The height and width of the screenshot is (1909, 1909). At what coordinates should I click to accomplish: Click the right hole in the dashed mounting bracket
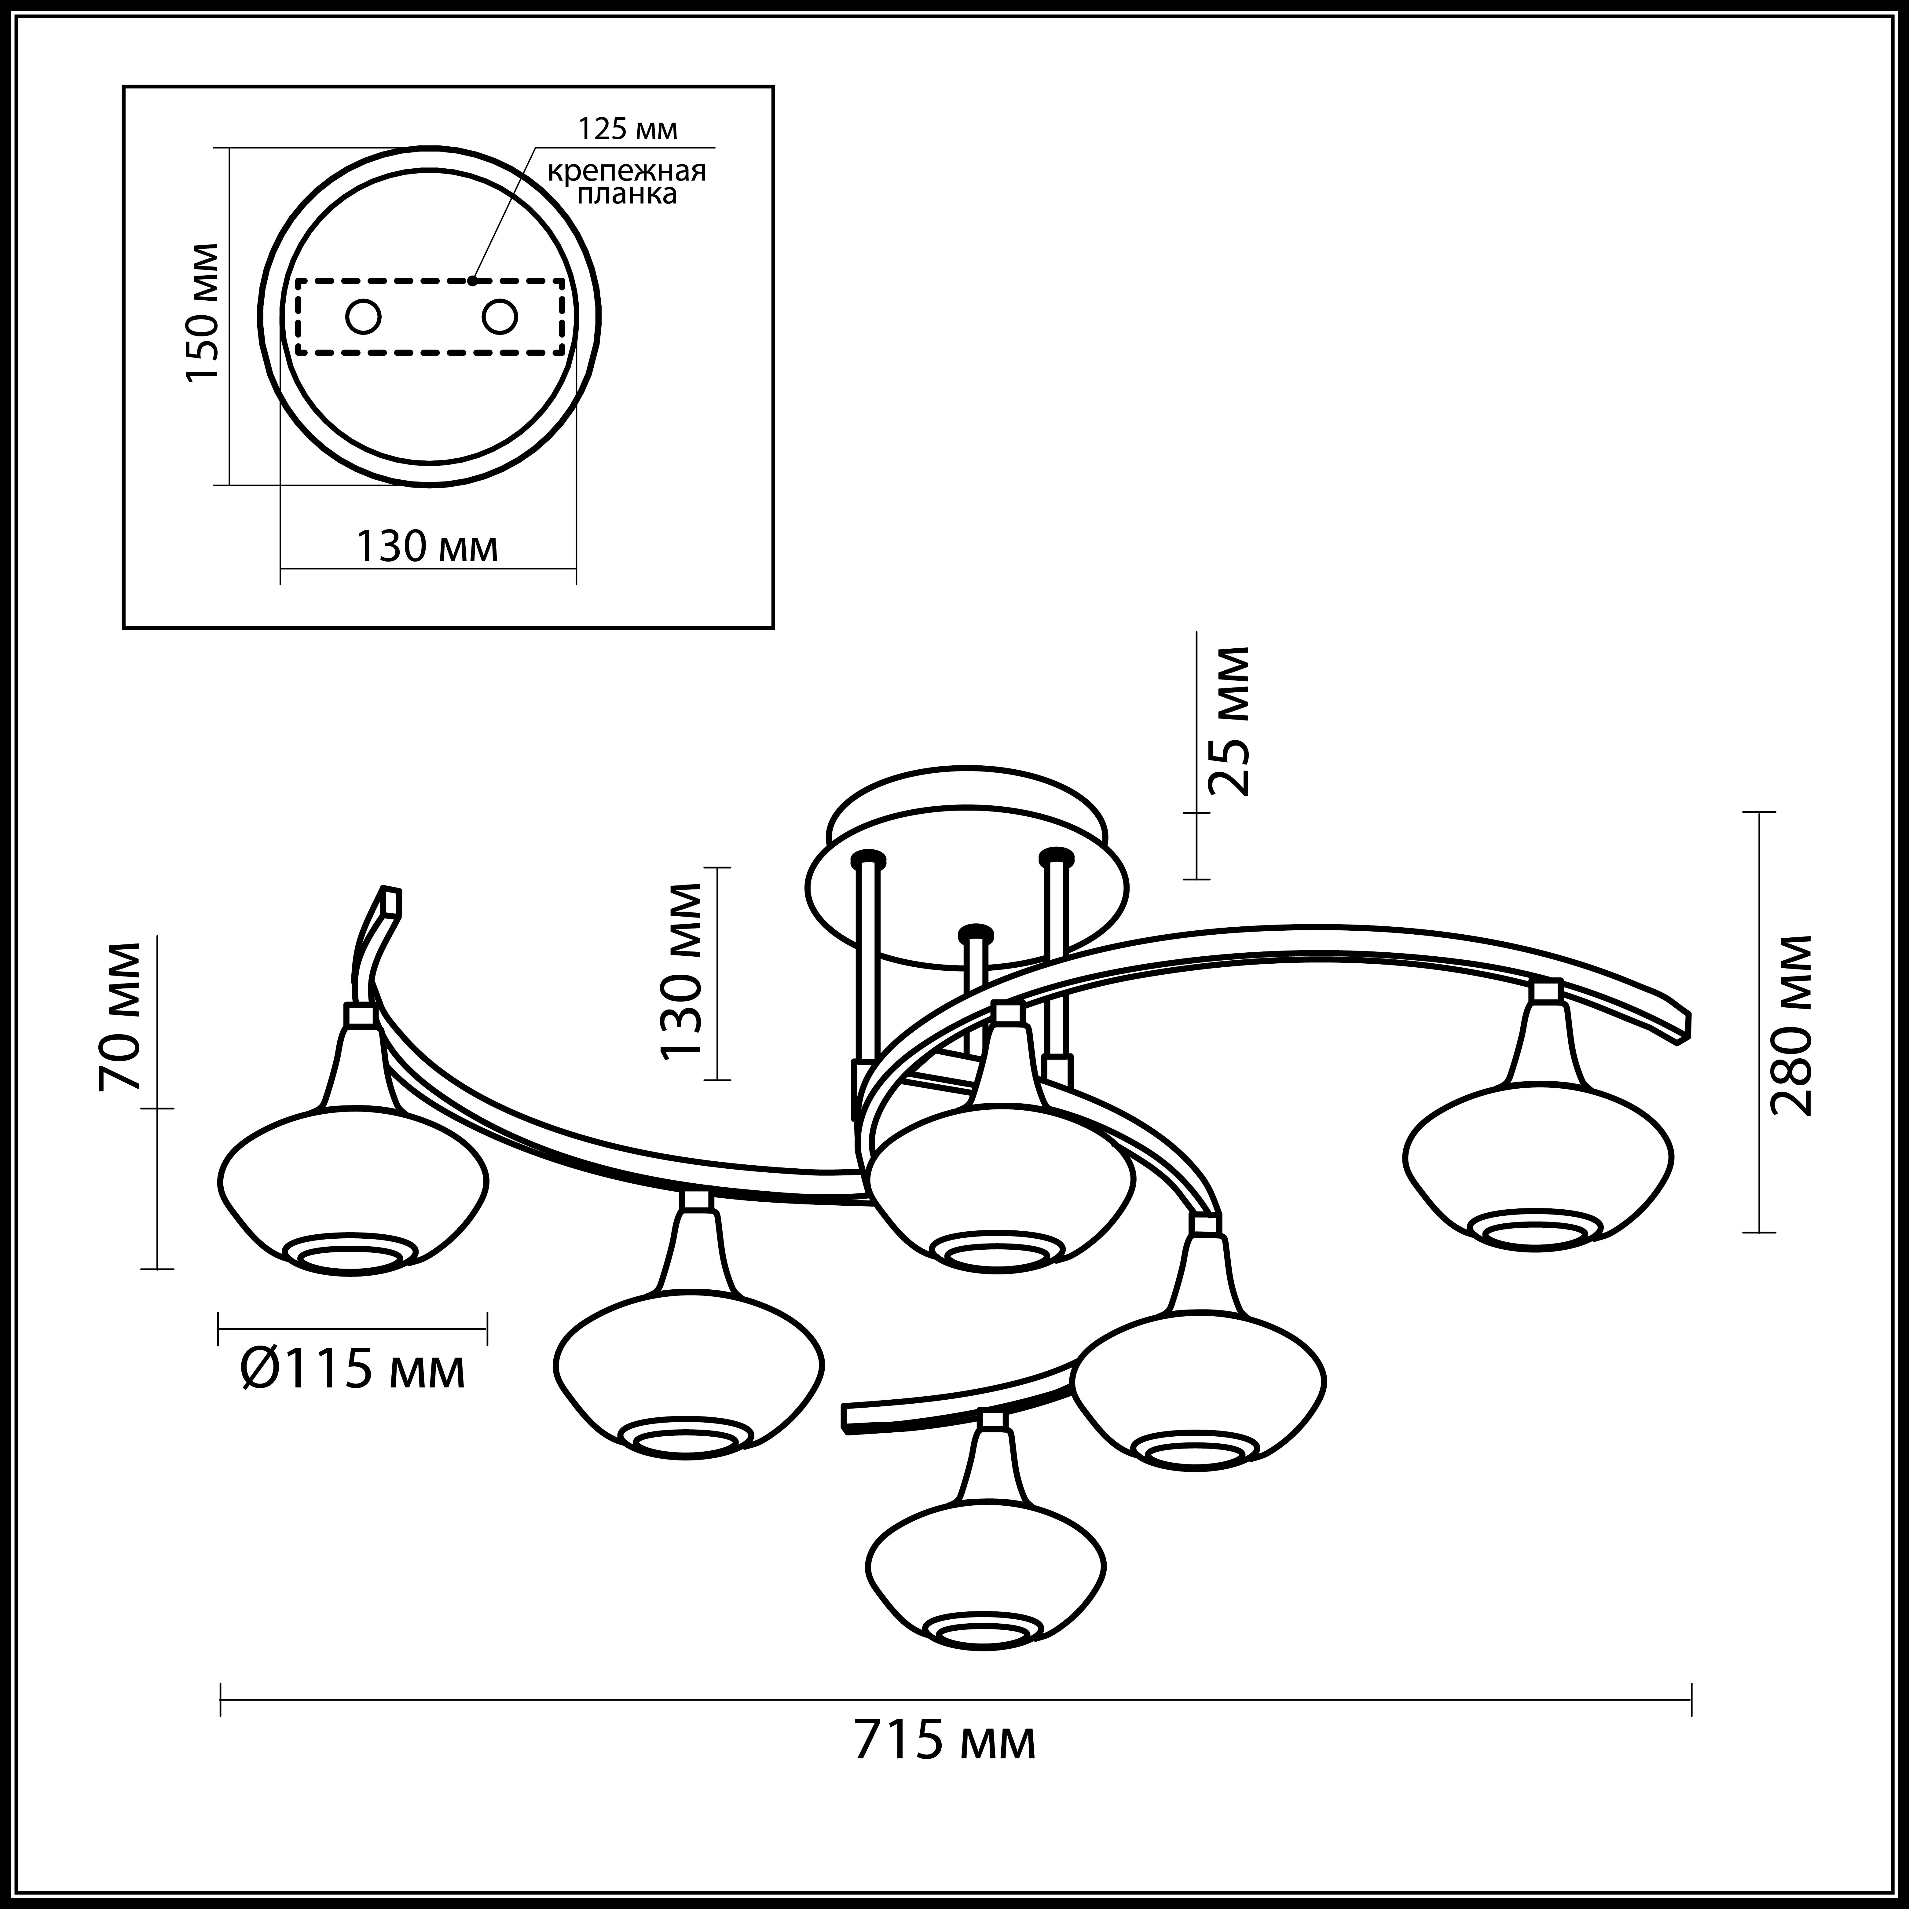coord(499,317)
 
